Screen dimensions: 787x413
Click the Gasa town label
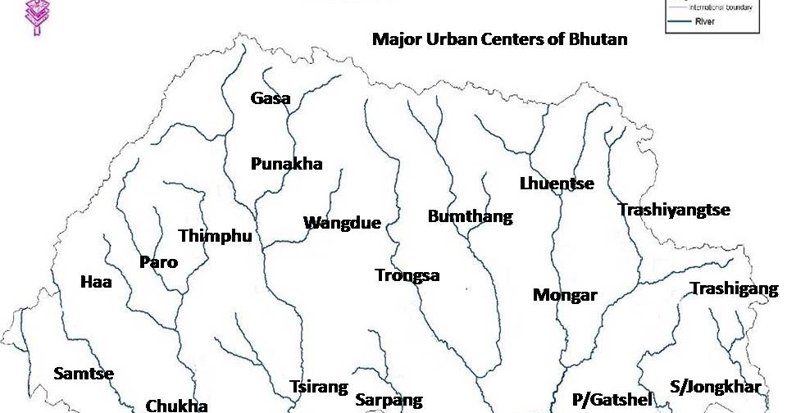pos(271,98)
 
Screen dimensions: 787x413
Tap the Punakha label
pos(286,164)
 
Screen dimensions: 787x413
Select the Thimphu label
pos(215,236)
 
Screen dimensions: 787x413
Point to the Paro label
pos(158,262)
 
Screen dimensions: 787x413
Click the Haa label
pos(96,283)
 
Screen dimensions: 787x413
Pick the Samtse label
pos(84,374)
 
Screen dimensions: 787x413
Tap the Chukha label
pos(176,405)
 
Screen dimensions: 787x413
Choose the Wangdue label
pos(342,223)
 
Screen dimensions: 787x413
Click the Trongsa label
pos(407,275)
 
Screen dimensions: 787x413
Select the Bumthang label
pos(470,217)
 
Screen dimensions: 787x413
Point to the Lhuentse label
pos(557,184)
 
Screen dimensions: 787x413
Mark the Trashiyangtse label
pos(674,210)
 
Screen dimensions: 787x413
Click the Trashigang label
pos(734,288)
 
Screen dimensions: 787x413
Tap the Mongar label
pos(565,295)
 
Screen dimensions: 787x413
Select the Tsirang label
pos(319,387)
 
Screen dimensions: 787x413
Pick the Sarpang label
pos(389,400)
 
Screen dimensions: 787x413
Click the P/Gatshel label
pos(612,400)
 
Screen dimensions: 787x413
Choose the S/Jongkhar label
pos(716,387)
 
